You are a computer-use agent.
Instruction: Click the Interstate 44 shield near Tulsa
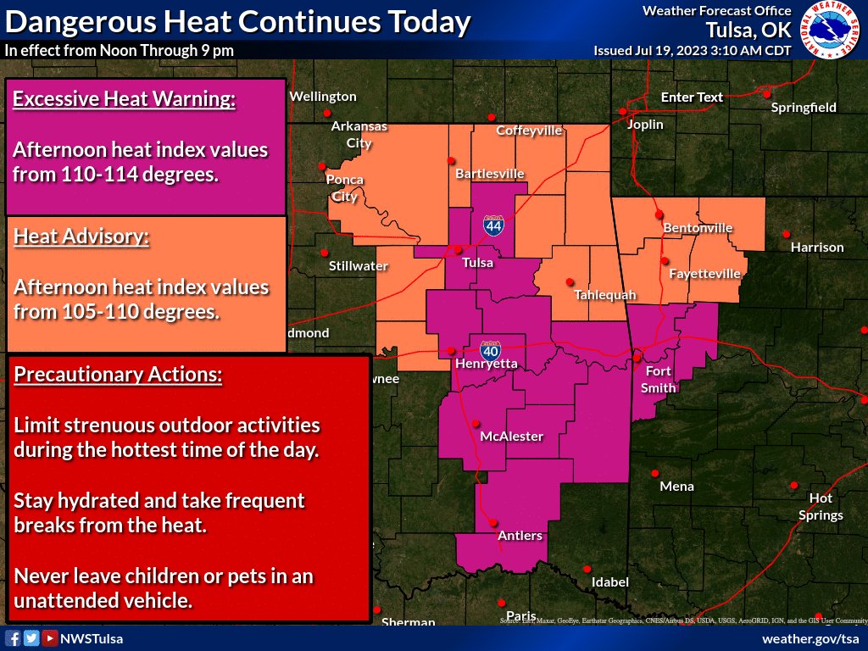pos(492,225)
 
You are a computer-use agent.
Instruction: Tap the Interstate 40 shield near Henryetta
pos(490,348)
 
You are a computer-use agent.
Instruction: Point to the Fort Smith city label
pos(659,380)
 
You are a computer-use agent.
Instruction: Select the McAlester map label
pos(511,437)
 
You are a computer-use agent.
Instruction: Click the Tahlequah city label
pos(604,295)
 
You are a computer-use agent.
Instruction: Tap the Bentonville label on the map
pos(697,228)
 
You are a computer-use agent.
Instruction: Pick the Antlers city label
pos(520,536)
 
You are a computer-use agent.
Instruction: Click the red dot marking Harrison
pos(787,234)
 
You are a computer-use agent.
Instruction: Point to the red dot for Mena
pos(655,473)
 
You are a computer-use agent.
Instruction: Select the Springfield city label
pos(804,108)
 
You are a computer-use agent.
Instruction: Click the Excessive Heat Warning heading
pos(124,99)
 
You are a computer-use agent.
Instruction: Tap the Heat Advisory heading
pos(81,236)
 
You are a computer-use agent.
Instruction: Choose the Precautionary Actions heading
pos(118,374)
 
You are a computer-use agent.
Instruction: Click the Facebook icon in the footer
pos(13,638)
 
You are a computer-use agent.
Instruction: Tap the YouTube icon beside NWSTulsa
pos(50,638)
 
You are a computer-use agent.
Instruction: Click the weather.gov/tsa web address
pos(810,638)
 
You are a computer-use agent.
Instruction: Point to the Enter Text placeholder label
pos(692,97)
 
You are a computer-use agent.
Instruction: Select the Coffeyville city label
pos(529,131)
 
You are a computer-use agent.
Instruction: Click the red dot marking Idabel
pos(587,569)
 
